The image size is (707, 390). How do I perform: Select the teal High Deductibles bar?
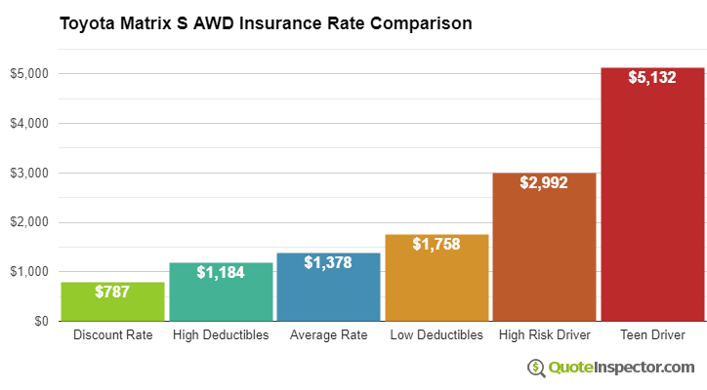click(221, 297)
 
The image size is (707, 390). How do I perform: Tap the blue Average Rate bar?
click(328, 292)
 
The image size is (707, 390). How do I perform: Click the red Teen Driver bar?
click(652, 205)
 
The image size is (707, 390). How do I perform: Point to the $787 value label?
click(113, 292)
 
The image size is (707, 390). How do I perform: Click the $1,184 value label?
click(221, 272)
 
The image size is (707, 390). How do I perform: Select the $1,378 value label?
click(328, 262)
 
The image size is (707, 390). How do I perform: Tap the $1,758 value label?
click(437, 244)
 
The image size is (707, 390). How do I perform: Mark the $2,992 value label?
click(544, 182)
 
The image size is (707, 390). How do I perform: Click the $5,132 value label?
click(652, 77)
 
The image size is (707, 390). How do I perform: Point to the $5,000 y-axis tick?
click(31, 74)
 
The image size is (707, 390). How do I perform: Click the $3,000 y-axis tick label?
click(31, 173)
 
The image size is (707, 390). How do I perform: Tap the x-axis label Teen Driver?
click(652, 335)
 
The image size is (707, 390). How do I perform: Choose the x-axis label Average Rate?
click(328, 335)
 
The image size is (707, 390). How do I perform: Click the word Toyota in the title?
click(86, 22)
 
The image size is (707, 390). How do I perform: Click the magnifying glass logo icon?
click(536, 368)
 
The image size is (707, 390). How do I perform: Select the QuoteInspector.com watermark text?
click(620, 368)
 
